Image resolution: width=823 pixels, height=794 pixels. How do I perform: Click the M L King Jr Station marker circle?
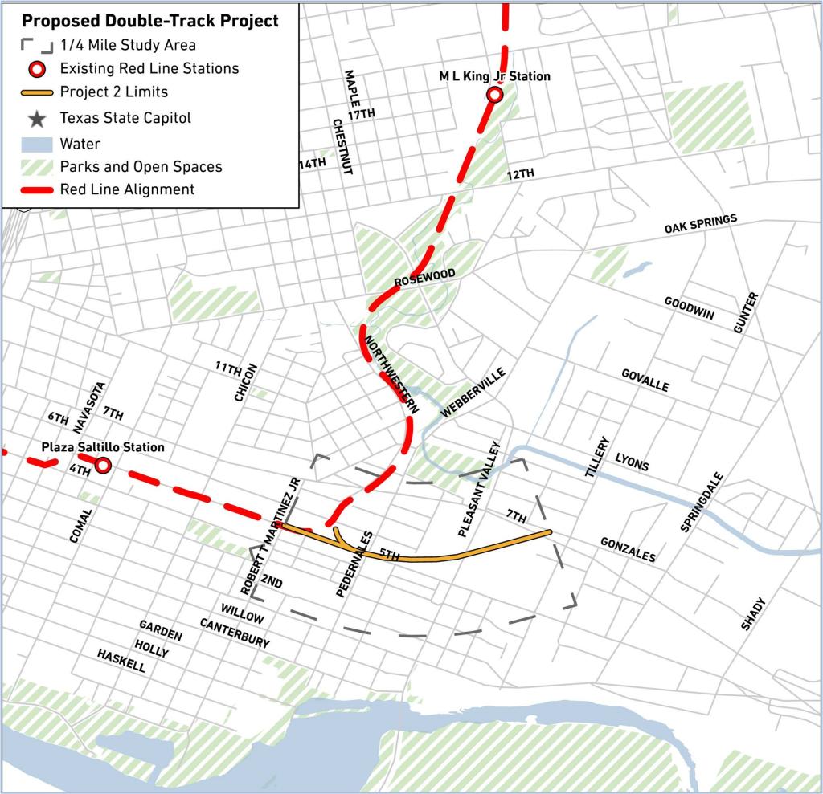pyautogui.click(x=495, y=96)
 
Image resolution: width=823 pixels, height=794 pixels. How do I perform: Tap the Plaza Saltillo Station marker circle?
pyautogui.click(x=103, y=465)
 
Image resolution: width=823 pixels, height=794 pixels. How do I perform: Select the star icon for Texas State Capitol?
pyautogui.click(x=36, y=119)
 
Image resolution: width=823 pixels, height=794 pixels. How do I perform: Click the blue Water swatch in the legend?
pyautogui.click(x=36, y=144)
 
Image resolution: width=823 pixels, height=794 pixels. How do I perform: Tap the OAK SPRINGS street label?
pyautogui.click(x=700, y=226)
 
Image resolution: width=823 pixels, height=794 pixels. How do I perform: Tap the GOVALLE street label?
pyautogui.click(x=645, y=381)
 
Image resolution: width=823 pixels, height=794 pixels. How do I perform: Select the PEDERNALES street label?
pyautogui.click(x=354, y=563)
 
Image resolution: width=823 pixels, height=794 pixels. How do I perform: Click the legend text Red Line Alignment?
pyautogui.click(x=127, y=190)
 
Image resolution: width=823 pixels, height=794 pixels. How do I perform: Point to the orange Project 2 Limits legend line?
pyautogui.click(x=36, y=92)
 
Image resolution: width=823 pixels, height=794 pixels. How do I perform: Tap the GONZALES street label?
pyautogui.click(x=628, y=550)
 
